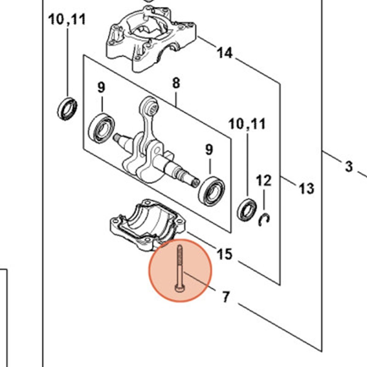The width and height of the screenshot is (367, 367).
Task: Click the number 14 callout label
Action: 225,53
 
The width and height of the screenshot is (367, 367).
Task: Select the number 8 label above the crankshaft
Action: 176,83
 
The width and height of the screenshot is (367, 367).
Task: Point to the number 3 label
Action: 349,167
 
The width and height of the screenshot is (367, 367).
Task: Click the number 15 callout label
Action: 225,254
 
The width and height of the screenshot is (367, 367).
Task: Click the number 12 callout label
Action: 263,180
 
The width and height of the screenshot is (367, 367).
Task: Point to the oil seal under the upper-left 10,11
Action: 67,108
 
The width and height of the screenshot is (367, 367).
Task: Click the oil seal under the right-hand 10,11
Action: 247,209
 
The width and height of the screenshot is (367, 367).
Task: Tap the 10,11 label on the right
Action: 247,124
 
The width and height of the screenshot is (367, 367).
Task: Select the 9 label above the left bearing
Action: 101,87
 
